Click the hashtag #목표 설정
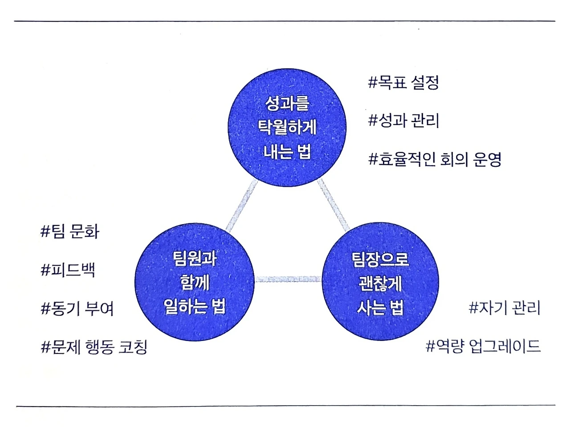pyautogui.click(x=404, y=82)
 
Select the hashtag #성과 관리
pyautogui.click(x=404, y=120)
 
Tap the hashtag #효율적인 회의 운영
pyautogui.click(x=435, y=159)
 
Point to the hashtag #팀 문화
pyautogui.click(x=70, y=232)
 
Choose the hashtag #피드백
pyautogui.click(x=68, y=270)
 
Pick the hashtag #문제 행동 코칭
pyautogui.click(x=94, y=347)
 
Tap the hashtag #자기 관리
pyautogui.click(x=505, y=308)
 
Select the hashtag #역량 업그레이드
pyautogui.click(x=483, y=346)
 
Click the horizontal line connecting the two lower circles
pyautogui.click(x=288, y=279)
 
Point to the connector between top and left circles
pyautogui.click(x=242, y=205)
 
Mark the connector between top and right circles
pyautogui.click(x=333, y=205)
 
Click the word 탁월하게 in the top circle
pyautogui.click(x=287, y=128)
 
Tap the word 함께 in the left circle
pyautogui.click(x=195, y=282)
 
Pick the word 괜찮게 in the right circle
pyautogui.click(x=380, y=283)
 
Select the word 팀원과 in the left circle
pyautogui.click(x=195, y=258)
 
